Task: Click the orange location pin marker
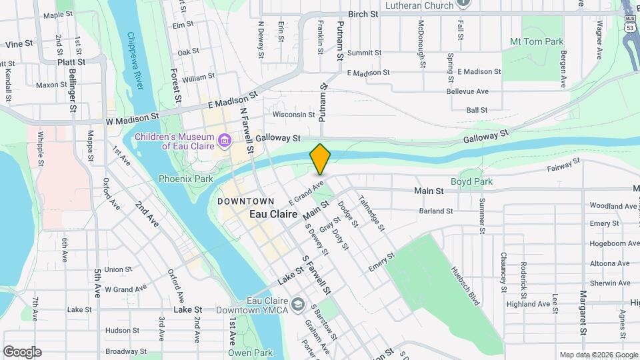[x=321, y=159]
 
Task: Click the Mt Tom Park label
[x=537, y=41]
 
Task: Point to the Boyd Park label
[x=471, y=181]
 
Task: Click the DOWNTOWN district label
[x=245, y=201]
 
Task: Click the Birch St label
[x=363, y=14]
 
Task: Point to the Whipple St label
[x=41, y=149]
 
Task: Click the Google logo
[x=22, y=352]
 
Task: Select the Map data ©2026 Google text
[x=598, y=355]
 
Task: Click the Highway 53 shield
[x=630, y=27]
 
